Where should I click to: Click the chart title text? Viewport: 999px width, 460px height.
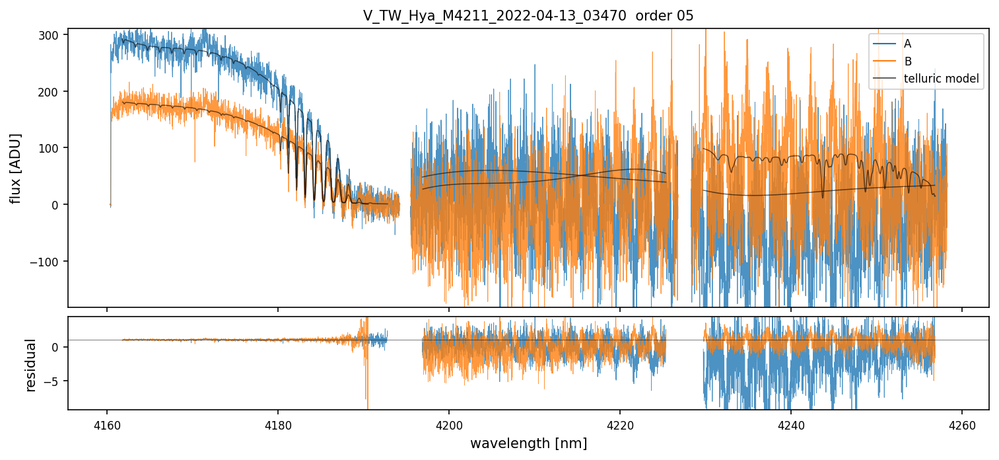click(528, 16)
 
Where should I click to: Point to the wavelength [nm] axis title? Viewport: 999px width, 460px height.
click(528, 443)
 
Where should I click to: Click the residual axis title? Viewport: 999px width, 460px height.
click(30, 364)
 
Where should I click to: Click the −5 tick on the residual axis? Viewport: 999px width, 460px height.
click(55, 381)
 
